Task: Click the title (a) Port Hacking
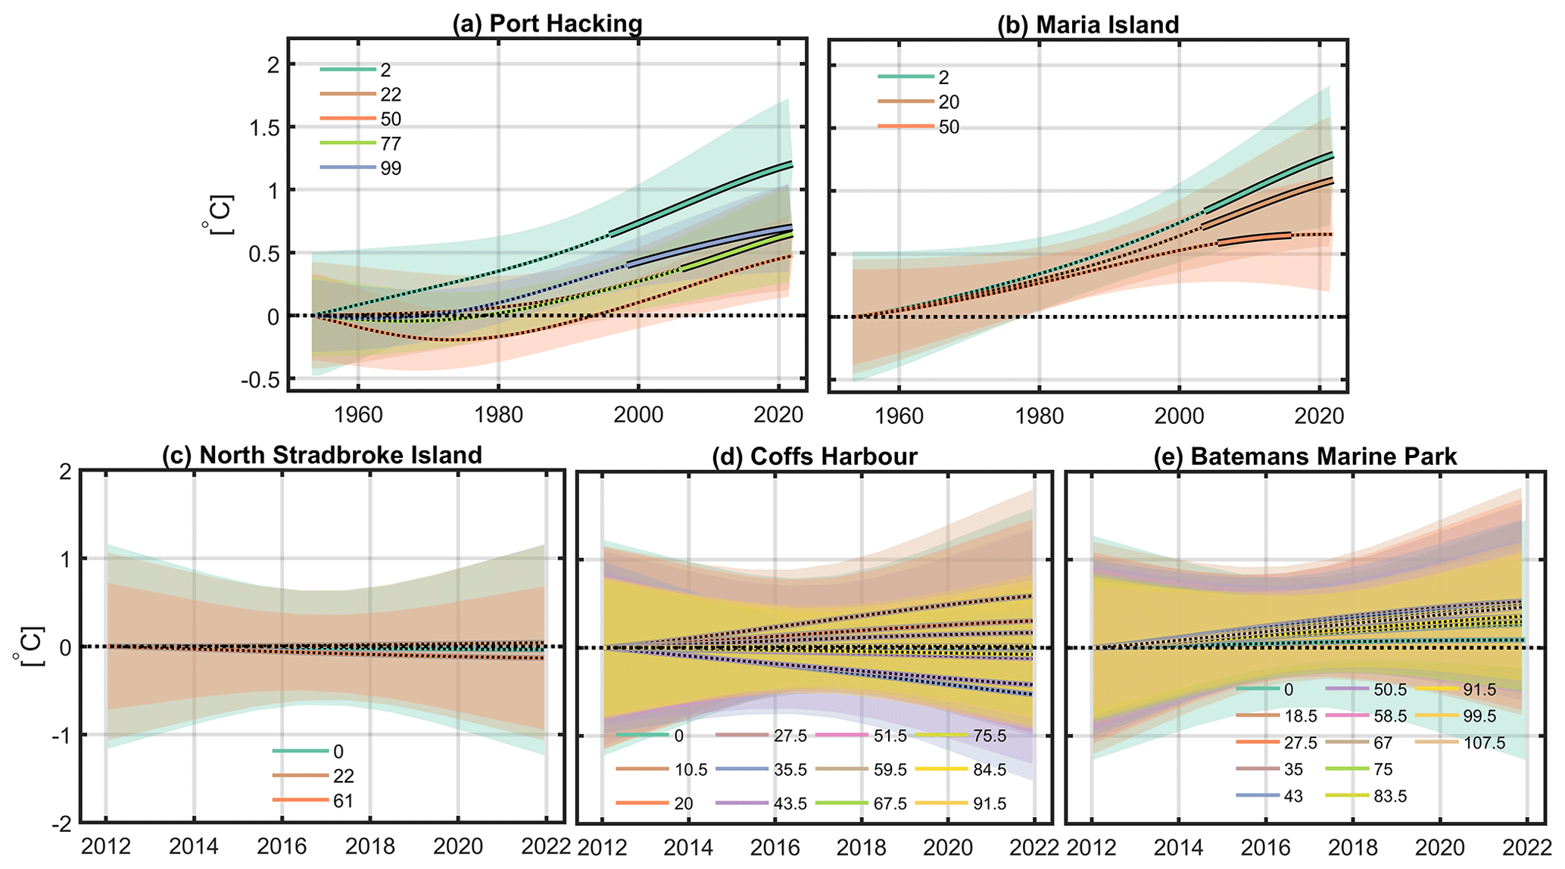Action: [547, 23]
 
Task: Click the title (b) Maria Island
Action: [1088, 24]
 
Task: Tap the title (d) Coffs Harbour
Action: [815, 456]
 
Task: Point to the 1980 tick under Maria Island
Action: [1039, 416]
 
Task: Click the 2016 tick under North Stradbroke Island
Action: [282, 846]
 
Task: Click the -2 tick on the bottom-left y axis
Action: [61, 824]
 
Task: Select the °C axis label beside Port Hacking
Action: [220, 215]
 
